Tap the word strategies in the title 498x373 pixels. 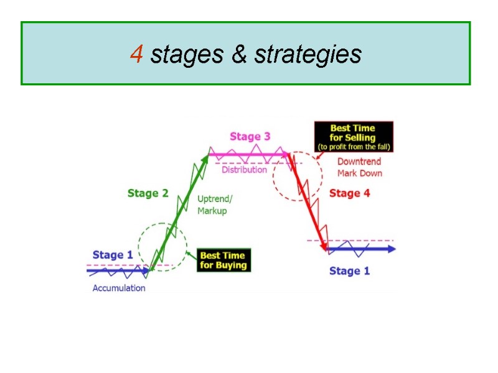point(308,55)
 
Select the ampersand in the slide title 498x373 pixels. point(238,55)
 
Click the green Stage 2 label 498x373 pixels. point(148,193)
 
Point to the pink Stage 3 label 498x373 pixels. point(250,136)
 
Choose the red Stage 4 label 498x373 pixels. point(349,193)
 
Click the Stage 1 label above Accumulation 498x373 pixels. point(112,254)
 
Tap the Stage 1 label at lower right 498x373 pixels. point(349,270)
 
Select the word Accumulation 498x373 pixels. point(119,288)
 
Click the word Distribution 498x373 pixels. point(244,170)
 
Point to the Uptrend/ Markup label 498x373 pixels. point(215,205)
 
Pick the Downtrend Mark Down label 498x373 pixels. point(360,167)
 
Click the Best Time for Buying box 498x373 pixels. point(223,260)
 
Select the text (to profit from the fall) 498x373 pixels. point(353,147)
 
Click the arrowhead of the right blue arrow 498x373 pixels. point(390,249)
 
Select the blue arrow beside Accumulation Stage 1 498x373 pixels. point(118,270)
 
